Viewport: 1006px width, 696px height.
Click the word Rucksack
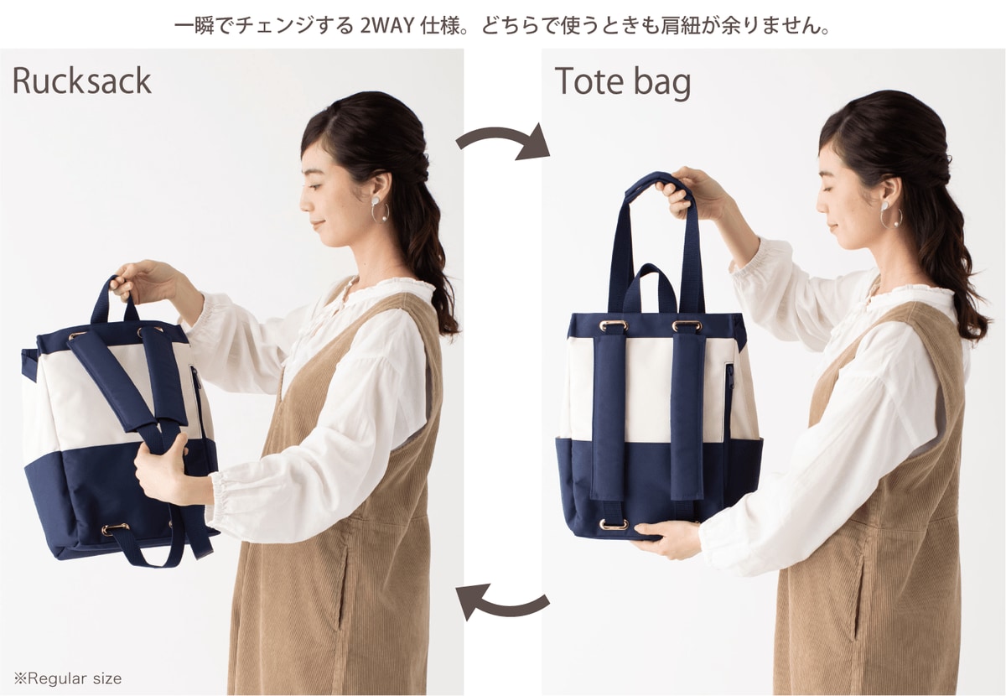click(82, 81)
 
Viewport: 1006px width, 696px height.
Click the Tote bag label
click(622, 83)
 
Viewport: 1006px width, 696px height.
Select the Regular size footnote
click(67, 678)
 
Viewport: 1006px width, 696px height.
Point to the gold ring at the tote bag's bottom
click(614, 524)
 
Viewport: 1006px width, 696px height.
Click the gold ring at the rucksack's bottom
click(116, 529)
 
